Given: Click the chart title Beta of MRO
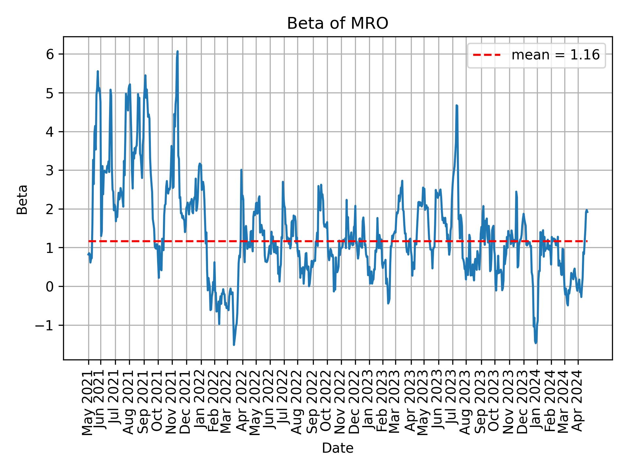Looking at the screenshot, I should tap(337, 24).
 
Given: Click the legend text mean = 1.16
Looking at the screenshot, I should tap(555, 55).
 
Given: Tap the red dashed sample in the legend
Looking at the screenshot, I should tap(487, 55).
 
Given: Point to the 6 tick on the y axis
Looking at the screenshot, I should tap(50, 54).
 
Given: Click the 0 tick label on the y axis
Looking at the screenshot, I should tap(50, 287).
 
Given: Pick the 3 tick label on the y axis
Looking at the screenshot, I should tap(50, 170).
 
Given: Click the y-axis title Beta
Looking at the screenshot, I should tap(22, 199).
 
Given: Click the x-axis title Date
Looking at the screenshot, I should tap(337, 448).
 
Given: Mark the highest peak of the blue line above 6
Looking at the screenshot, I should tap(177, 51).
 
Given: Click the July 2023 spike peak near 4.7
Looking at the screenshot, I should tap(457, 105).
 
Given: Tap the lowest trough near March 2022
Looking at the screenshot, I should tap(234, 345).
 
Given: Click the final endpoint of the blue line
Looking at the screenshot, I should tap(587, 212).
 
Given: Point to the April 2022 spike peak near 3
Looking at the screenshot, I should tap(241, 170).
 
